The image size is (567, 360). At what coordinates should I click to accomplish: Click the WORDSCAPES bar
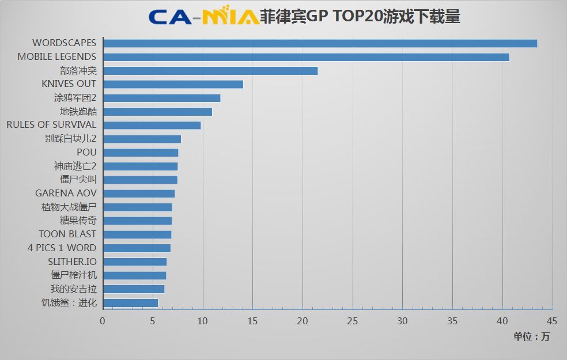click(320, 43)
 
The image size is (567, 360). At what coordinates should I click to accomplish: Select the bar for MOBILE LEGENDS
click(306, 57)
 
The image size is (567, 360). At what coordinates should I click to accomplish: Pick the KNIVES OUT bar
click(173, 84)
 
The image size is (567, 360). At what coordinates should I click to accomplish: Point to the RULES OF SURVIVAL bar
click(152, 125)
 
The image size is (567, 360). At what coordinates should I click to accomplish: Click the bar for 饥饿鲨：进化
click(130, 302)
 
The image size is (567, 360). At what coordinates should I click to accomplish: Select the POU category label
click(86, 153)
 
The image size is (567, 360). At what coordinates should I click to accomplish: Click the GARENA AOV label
click(66, 194)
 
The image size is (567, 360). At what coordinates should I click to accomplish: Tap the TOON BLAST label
click(67, 234)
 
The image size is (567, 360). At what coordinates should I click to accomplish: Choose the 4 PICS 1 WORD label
click(62, 248)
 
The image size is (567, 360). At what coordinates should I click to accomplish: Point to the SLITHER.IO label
click(72, 262)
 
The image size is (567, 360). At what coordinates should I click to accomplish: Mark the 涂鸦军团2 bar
click(161, 98)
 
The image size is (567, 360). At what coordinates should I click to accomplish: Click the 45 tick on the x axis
click(552, 321)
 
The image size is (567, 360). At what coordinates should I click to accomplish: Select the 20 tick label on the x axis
click(303, 321)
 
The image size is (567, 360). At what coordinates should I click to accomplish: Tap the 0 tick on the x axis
click(103, 321)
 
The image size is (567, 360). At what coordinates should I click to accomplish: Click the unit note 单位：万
click(531, 337)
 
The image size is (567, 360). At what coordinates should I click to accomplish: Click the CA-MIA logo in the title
click(203, 17)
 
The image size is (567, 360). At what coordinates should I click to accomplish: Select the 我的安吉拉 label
click(74, 289)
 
